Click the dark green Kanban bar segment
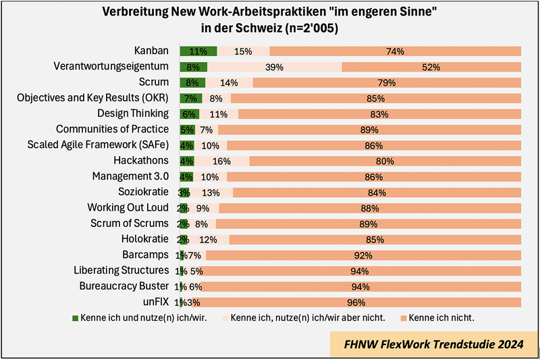pyautogui.click(x=198, y=51)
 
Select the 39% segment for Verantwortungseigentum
pyautogui.click(x=274, y=67)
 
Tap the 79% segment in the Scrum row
pyautogui.click(x=387, y=82)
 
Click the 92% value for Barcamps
pyautogui.click(x=363, y=255)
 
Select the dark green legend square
pyautogui.click(x=76, y=317)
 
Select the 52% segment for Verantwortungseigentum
pyautogui.click(x=431, y=67)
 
